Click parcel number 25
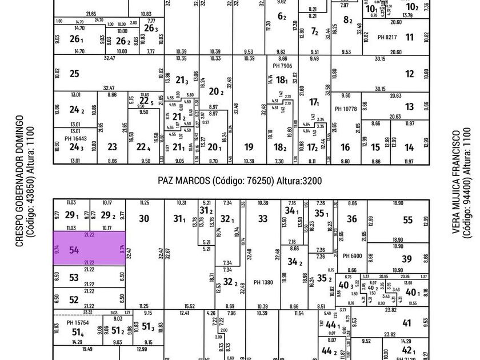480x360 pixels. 74,73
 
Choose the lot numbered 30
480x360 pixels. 144,218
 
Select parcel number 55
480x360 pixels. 407,219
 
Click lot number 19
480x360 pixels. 249,147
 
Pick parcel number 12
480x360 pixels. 409,74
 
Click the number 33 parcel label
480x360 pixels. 262,218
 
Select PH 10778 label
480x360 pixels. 346,109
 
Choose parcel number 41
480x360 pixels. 406,323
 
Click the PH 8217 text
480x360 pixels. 387,37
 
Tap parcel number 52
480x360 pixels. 74,299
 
